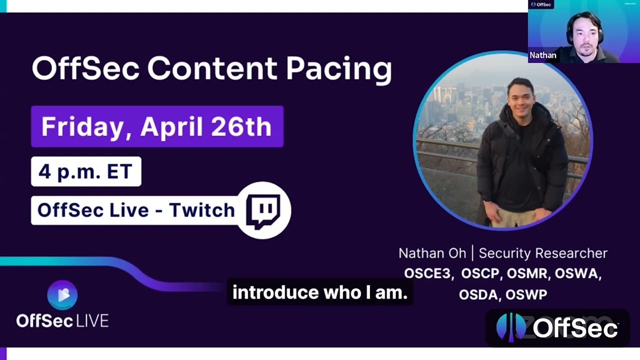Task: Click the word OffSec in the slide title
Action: click(85, 68)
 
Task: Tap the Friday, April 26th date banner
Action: click(157, 126)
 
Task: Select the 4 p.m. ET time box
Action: click(85, 171)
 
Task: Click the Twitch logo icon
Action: click(263, 210)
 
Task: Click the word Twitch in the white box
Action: click(201, 210)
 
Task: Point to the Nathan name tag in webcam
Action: click(543, 55)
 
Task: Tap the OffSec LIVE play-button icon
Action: click(62, 295)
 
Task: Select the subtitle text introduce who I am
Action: click(320, 292)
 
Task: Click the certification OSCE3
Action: click(428, 274)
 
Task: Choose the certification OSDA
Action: click(478, 295)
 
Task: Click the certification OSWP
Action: click(526, 295)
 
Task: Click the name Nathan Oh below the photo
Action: click(432, 253)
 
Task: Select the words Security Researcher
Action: click(543, 253)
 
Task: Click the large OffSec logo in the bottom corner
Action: click(557, 328)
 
